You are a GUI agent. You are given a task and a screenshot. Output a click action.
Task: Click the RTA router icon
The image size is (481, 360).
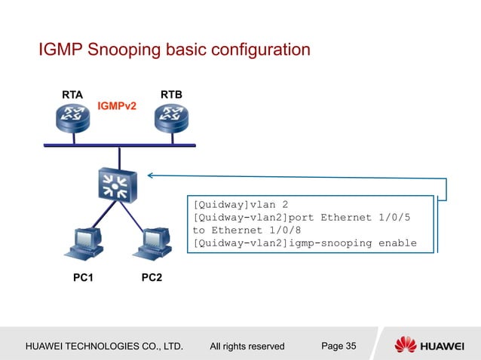(x=73, y=119)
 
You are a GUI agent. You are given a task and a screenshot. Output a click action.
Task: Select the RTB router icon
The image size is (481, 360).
(x=172, y=119)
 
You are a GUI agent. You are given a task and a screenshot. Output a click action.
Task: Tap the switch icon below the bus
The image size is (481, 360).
(x=116, y=185)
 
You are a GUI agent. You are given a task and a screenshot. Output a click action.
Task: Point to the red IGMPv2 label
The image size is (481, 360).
(x=117, y=106)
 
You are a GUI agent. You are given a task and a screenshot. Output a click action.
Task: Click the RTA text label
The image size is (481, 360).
(x=72, y=95)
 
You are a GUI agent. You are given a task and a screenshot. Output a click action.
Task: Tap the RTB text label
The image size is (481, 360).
(x=173, y=95)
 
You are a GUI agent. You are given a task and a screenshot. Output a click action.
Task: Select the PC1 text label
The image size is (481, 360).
(x=83, y=278)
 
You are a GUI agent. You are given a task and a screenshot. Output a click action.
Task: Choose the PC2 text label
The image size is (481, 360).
(x=152, y=278)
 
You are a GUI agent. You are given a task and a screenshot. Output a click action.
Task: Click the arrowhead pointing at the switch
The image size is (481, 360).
(x=151, y=175)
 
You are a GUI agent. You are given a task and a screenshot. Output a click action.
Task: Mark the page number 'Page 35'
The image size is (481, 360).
(x=339, y=346)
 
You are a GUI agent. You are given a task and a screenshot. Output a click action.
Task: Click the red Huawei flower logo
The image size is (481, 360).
(x=405, y=345)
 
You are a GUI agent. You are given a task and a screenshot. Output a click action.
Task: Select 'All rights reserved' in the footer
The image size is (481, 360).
(x=247, y=346)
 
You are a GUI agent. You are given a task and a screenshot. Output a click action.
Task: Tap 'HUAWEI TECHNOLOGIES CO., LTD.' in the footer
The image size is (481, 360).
(x=104, y=346)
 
